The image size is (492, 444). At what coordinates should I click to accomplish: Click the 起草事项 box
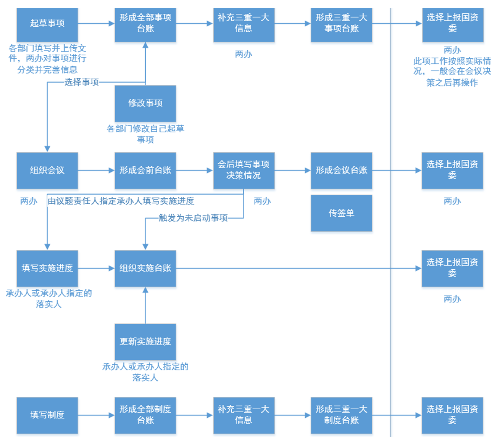coord(47,25)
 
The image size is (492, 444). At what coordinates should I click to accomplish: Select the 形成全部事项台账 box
coord(145,25)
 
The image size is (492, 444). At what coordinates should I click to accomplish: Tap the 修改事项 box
coord(145,103)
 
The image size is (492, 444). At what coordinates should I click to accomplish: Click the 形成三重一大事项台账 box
coord(341,25)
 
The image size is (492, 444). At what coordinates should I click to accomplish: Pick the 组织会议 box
coord(47,171)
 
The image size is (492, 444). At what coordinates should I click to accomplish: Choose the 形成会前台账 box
coord(145,171)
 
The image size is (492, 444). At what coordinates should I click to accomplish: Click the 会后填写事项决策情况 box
coord(244,171)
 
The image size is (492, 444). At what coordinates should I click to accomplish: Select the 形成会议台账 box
coord(341,171)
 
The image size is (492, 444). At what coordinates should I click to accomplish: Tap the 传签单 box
coord(341,213)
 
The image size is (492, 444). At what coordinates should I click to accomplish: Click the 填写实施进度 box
coord(47,268)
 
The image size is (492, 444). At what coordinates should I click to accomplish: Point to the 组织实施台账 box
coord(145,268)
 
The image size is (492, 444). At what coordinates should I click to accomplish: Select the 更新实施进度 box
coord(145,342)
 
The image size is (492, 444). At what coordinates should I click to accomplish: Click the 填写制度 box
coord(47,415)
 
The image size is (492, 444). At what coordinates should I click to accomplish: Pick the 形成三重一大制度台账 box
coord(341,415)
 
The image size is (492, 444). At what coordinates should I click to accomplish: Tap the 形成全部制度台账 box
coord(145,415)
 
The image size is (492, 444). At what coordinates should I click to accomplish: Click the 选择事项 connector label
coord(81,82)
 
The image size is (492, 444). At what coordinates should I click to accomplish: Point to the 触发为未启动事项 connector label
coord(193,218)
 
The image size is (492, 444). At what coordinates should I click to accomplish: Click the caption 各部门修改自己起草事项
coord(145,134)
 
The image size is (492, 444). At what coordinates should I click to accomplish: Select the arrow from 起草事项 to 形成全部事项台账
coord(96,24)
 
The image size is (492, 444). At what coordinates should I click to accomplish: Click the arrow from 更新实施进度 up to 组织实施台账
coord(145,305)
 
